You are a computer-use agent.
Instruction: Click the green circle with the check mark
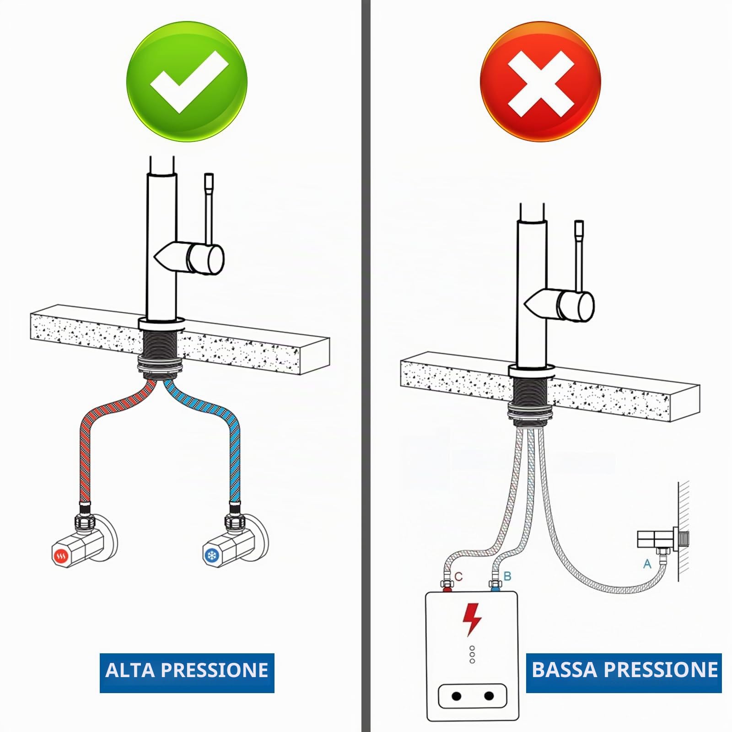pyautogui.click(x=187, y=81)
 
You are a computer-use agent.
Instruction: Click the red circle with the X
pyautogui.click(x=540, y=81)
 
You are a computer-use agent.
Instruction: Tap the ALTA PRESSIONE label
pyautogui.click(x=187, y=670)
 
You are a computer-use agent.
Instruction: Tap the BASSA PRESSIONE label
pyautogui.click(x=624, y=670)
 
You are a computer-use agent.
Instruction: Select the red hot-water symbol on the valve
pyautogui.click(x=61, y=556)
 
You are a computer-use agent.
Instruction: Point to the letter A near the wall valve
pyautogui.click(x=647, y=564)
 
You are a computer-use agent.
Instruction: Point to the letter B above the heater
pyautogui.click(x=507, y=576)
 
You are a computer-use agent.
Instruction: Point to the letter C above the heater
pyautogui.click(x=459, y=576)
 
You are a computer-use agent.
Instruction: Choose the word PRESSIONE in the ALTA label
pyautogui.click(x=215, y=670)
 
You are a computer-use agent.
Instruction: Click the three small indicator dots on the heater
pyautogui.click(x=472, y=655)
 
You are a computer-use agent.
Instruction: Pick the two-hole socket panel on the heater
pyautogui.click(x=473, y=696)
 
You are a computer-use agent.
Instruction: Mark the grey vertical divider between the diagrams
pyautogui.click(x=366, y=366)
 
